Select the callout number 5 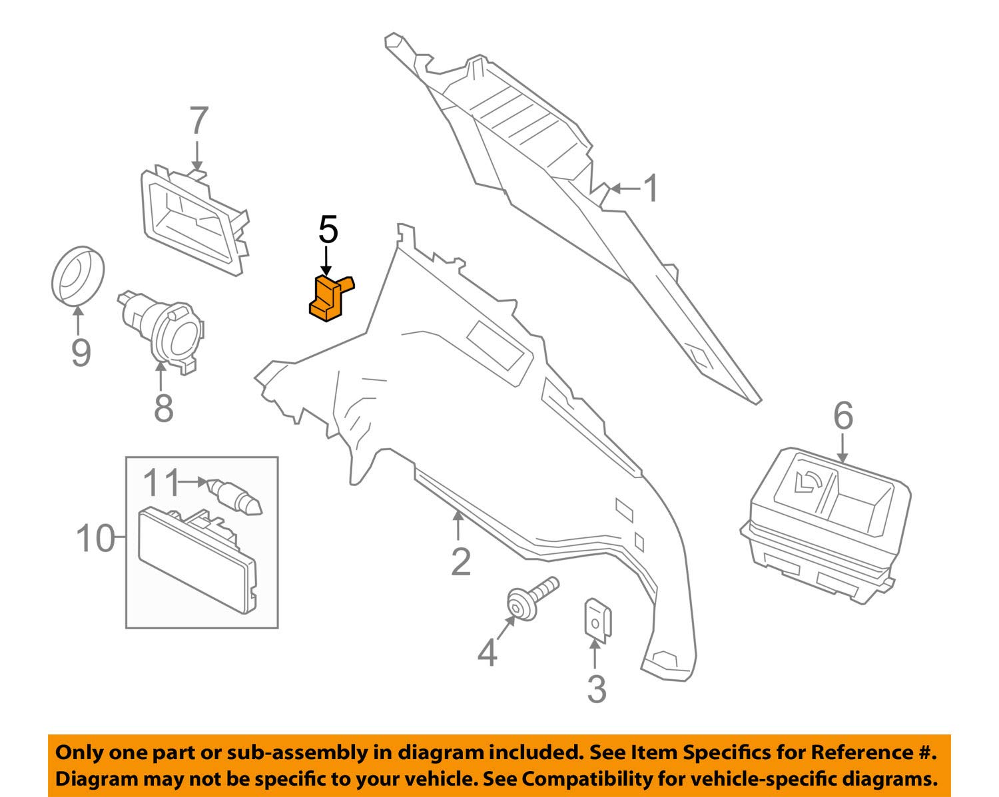(328, 230)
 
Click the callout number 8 (163, 407)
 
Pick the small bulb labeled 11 (236, 496)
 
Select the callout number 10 (95, 538)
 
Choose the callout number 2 (460, 562)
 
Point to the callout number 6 (842, 417)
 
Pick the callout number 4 (487, 653)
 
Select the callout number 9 (80, 352)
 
